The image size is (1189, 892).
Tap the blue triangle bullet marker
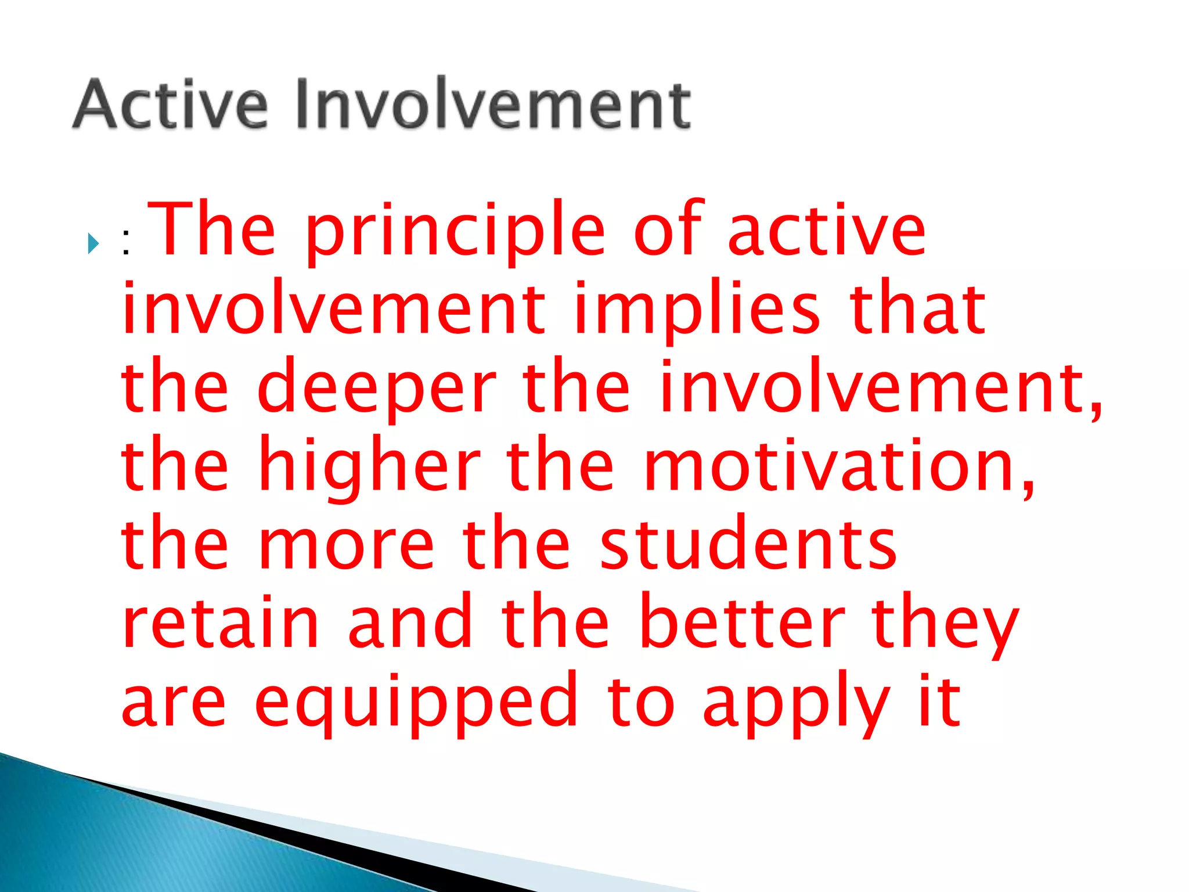pos(93,243)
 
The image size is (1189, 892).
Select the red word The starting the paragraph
pos(212,229)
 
